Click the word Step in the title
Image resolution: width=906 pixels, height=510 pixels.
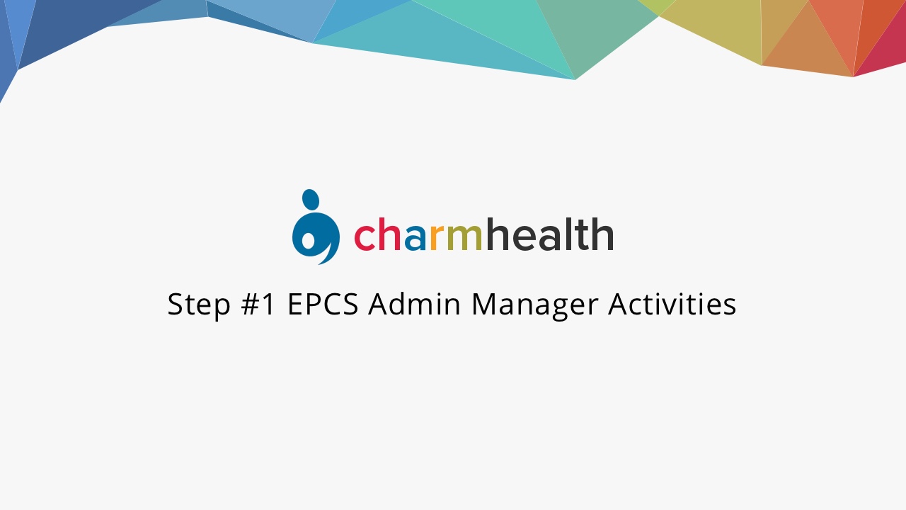coord(199,305)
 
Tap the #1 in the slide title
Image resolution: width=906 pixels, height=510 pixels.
coord(258,304)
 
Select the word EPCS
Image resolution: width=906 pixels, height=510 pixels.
coord(323,304)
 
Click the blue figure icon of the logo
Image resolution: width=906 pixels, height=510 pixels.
coord(316,227)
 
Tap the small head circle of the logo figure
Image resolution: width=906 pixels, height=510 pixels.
coord(311,200)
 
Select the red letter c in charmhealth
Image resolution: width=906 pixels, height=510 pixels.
coord(366,237)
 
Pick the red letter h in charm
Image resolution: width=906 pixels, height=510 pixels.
coord(389,234)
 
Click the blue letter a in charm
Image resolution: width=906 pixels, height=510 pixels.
coord(415,237)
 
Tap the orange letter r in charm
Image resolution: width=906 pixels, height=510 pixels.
coord(437,237)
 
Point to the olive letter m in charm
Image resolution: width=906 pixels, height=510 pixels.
coord(464,237)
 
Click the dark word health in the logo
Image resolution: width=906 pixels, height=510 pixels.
coord(550,234)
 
